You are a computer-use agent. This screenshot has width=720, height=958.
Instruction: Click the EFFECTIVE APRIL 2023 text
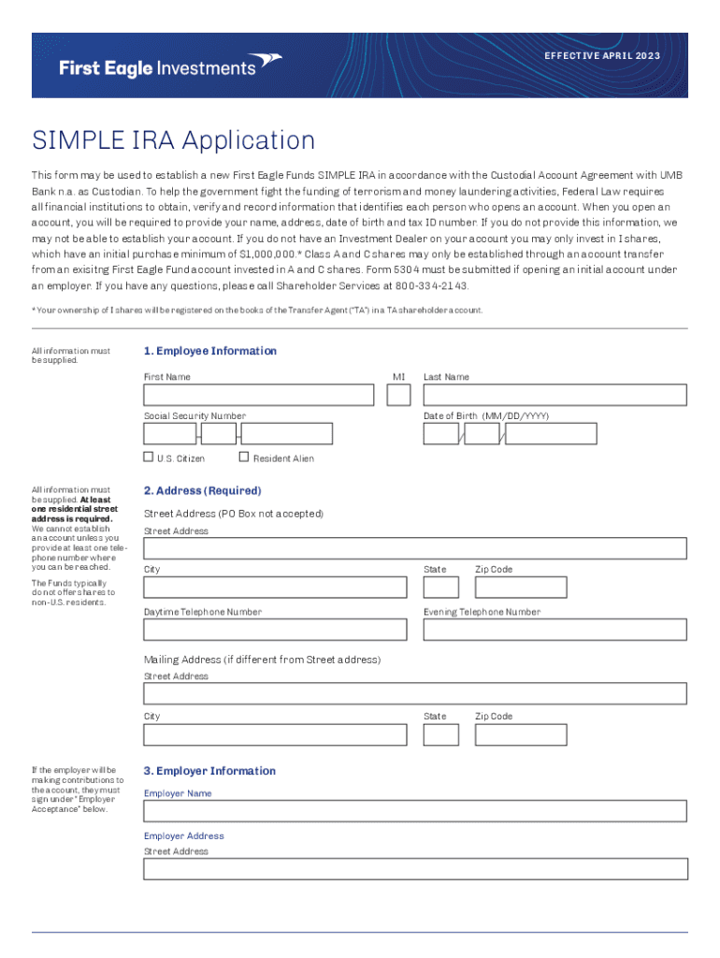tap(603, 56)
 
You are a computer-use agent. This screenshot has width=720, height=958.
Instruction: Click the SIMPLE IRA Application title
tap(173, 141)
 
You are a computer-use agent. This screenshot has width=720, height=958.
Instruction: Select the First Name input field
tap(258, 396)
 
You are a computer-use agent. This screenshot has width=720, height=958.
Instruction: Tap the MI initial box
tap(398, 396)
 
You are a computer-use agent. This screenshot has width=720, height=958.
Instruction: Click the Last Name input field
tap(554, 396)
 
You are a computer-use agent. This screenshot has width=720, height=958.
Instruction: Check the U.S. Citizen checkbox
tap(149, 457)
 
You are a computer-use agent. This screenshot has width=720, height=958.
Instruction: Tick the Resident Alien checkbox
tap(244, 457)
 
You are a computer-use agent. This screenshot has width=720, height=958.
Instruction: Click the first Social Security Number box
tap(169, 434)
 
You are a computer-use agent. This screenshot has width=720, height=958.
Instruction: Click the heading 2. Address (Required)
tap(202, 491)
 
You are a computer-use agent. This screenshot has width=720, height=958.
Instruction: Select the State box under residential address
tap(440, 588)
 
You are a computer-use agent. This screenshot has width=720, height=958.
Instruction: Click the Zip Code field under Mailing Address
tap(520, 734)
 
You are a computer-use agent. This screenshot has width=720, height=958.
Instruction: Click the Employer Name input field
tap(415, 811)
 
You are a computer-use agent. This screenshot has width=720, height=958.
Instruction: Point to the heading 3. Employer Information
tap(209, 772)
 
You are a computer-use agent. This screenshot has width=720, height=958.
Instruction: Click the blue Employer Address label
tap(184, 836)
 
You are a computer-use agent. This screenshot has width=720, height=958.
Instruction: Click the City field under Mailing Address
tap(275, 734)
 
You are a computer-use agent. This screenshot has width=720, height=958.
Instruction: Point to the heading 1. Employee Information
tap(209, 352)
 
